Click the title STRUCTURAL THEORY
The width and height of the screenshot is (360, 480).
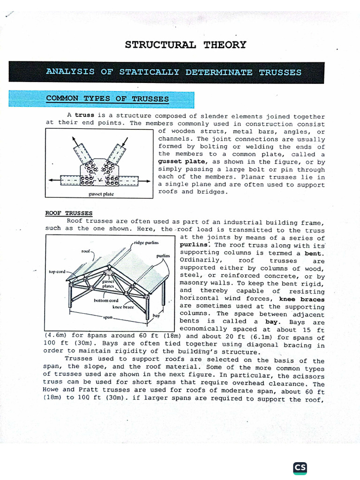click(x=185, y=45)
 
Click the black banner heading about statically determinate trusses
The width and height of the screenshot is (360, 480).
click(x=173, y=72)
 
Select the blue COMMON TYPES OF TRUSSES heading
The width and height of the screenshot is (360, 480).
click(x=107, y=99)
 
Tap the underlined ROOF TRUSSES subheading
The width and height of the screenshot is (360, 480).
click(x=68, y=213)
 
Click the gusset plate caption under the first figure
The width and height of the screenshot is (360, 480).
click(x=101, y=194)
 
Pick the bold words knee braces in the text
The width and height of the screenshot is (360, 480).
click(x=301, y=299)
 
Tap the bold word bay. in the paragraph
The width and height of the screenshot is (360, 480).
click(x=276, y=321)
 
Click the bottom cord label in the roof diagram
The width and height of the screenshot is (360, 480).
click(x=105, y=300)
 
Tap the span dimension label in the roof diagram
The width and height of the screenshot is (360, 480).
click(x=108, y=317)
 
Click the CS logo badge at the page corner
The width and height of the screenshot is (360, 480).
click(x=300, y=469)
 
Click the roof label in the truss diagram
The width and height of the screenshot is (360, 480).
click(x=86, y=251)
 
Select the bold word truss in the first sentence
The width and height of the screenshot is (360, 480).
click(x=84, y=116)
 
